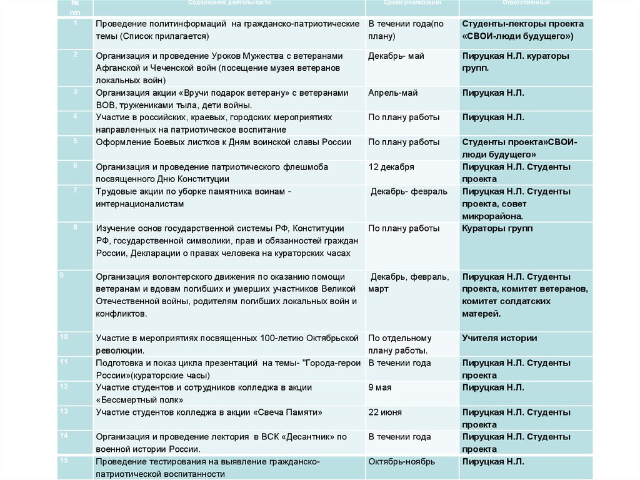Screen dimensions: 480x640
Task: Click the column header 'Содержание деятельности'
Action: click(229, 3)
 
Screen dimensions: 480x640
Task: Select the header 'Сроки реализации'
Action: click(412, 3)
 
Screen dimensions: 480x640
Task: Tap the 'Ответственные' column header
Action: click(526, 3)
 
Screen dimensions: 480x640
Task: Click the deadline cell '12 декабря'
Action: click(391, 167)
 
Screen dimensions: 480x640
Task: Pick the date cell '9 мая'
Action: click(380, 387)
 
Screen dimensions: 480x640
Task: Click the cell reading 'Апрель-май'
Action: click(393, 93)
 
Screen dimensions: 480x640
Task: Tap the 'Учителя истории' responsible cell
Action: click(499, 339)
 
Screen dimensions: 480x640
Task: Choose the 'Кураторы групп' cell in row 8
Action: click(497, 228)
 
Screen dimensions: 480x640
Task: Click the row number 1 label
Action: click(75, 23)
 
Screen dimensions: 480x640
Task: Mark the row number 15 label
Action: click(64, 461)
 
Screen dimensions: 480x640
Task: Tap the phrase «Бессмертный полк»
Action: click(138, 400)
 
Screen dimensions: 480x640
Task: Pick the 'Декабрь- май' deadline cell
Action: click(396, 56)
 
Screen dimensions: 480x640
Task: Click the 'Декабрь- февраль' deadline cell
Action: click(409, 191)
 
